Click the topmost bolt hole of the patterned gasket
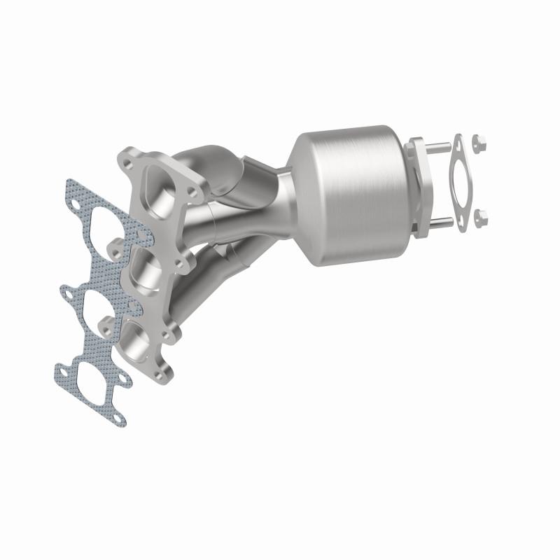click(x=75, y=206)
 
